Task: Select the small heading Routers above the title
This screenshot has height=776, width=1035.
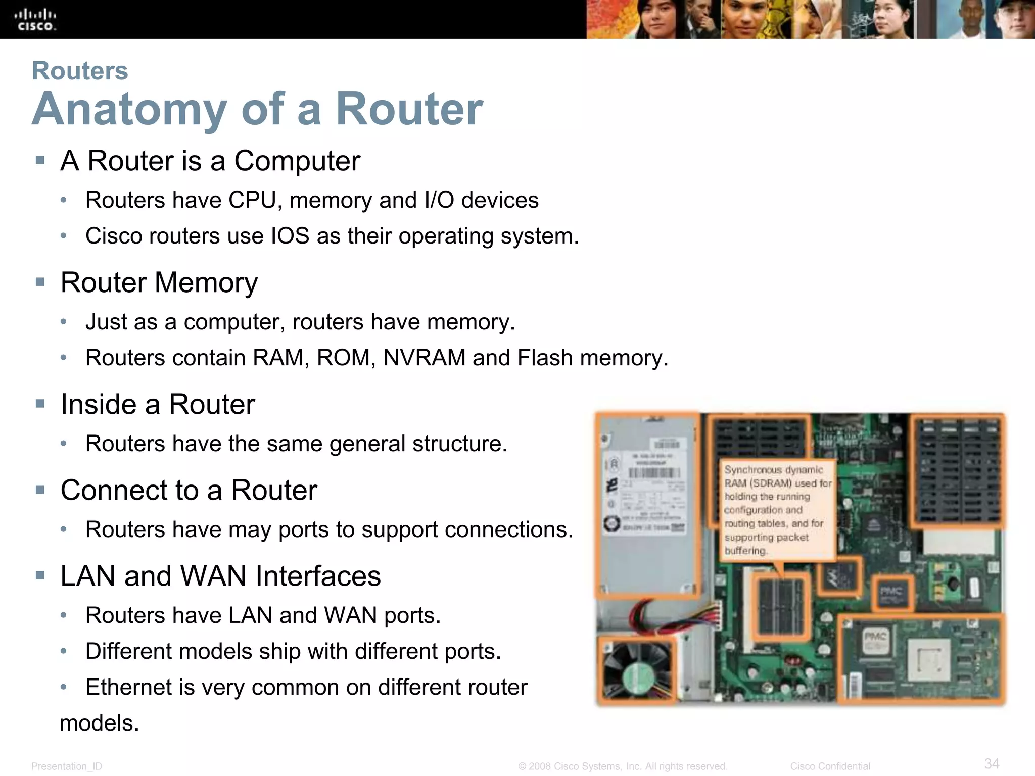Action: [80, 70]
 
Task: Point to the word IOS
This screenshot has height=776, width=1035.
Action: [290, 236]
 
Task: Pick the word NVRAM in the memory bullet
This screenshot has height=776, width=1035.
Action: [425, 358]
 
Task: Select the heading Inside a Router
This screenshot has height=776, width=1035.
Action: [158, 404]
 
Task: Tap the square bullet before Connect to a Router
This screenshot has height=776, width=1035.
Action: [40, 489]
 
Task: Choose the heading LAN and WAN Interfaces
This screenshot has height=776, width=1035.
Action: [220, 576]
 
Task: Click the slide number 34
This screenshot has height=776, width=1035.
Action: [992, 763]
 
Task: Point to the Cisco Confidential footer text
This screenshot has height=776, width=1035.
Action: [830, 766]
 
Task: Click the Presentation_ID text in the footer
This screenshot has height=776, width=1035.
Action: [67, 766]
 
